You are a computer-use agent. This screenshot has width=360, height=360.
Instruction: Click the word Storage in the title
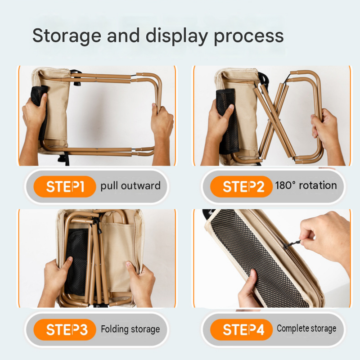click(67, 36)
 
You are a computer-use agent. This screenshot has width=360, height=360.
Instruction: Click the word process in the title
click(249, 36)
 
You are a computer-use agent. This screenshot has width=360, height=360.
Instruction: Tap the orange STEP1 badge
click(65, 186)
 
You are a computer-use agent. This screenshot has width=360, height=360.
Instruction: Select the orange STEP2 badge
click(241, 186)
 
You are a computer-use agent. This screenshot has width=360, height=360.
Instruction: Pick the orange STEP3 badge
click(65, 330)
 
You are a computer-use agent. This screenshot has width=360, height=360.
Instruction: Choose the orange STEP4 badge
click(241, 330)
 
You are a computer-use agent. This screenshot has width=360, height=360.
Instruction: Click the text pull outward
click(130, 186)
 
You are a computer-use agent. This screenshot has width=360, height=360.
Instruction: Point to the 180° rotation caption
click(306, 185)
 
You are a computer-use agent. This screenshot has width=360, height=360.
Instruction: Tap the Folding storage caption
click(130, 329)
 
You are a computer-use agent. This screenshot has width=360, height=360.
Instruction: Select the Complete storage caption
click(306, 328)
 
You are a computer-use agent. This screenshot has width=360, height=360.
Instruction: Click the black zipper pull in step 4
click(292, 244)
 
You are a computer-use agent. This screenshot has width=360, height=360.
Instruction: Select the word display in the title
click(177, 36)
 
